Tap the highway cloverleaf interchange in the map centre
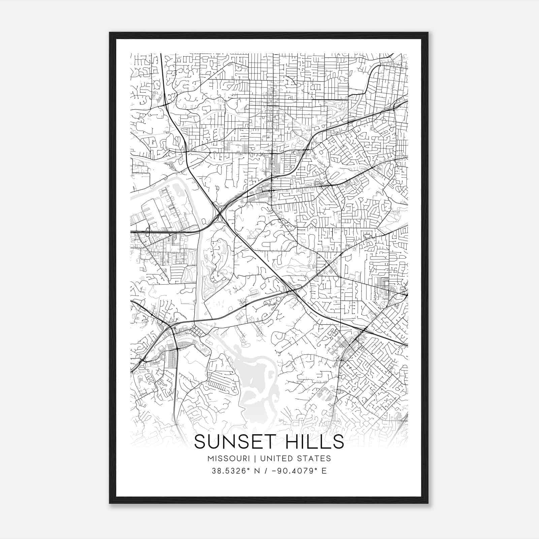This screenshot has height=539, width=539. (x=219, y=213)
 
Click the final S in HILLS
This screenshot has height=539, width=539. (x=338, y=442)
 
